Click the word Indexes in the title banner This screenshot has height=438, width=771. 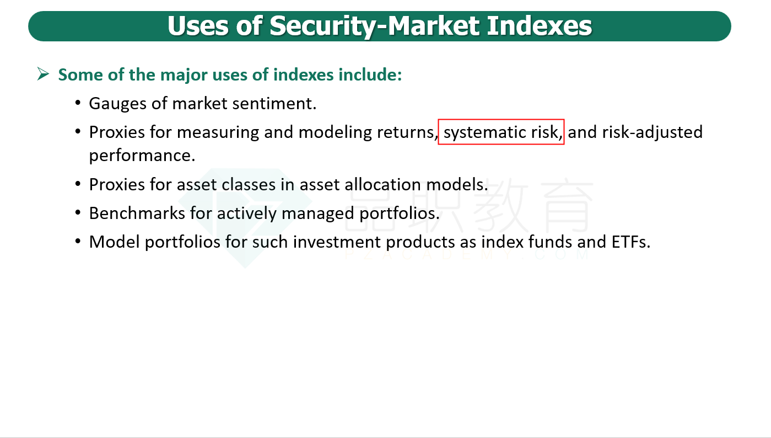coord(540,26)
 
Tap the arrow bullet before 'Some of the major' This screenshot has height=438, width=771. coord(43,74)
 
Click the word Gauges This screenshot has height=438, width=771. coord(117,104)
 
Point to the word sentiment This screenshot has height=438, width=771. coord(274,104)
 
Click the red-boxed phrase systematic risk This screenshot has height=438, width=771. coord(501,132)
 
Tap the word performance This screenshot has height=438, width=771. coord(142,156)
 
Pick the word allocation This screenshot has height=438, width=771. coord(382,185)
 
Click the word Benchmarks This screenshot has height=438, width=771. coord(137,213)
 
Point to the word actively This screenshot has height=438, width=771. coord(246,213)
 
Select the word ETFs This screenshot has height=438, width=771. coord(630,242)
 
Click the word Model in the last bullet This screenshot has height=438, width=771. coord(114,242)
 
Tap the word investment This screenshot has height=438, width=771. coord(336,242)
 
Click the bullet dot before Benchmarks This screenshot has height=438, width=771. coord(78,213)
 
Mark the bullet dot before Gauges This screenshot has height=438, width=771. coord(78,103)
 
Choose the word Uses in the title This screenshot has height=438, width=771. coord(197,26)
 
